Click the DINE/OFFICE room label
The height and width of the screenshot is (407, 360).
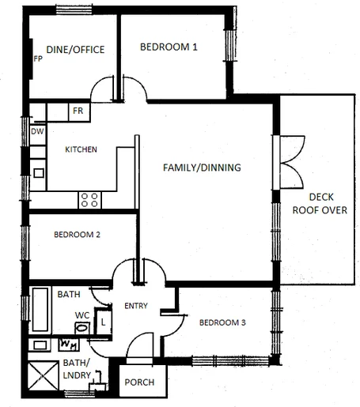click(76, 49)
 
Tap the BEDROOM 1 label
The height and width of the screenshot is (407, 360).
click(169, 47)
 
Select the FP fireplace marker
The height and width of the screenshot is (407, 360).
click(37, 59)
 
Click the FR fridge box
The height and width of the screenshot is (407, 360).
click(78, 111)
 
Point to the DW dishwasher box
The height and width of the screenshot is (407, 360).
click(37, 132)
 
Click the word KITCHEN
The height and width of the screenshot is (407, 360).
click(81, 149)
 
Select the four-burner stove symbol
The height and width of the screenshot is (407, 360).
click(89, 200)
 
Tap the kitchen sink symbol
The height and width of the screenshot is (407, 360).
click(38, 171)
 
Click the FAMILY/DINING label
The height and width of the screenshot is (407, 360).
click(201, 168)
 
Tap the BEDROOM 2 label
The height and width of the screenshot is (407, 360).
click(77, 235)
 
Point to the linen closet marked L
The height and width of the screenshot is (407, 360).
click(103, 322)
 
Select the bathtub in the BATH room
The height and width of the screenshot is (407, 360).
click(40, 310)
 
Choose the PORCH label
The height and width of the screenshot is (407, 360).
click(140, 383)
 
